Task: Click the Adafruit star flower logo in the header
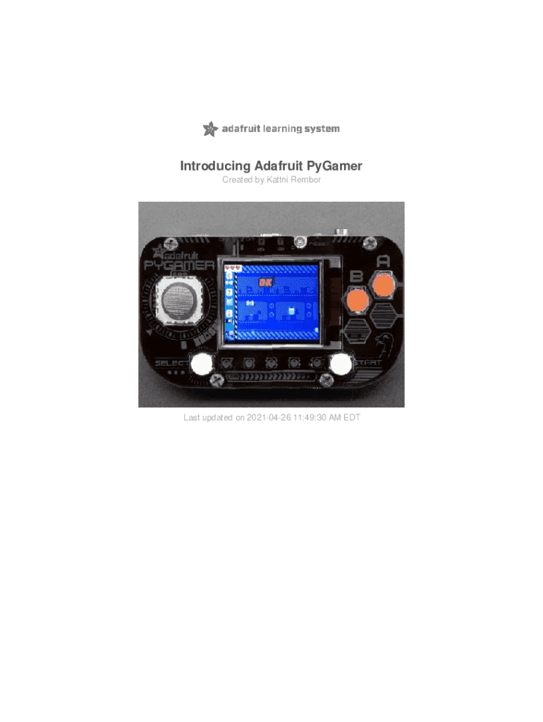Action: (x=209, y=129)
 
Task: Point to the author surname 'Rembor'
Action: (x=304, y=180)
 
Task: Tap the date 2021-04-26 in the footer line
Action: (x=267, y=418)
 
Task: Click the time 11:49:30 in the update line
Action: (x=315, y=418)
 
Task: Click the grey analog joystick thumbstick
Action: (x=180, y=302)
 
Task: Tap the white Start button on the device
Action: (x=341, y=364)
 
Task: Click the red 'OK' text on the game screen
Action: (x=266, y=283)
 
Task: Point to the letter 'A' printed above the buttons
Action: (x=383, y=261)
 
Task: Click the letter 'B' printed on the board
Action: (x=358, y=276)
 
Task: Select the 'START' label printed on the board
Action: (x=370, y=363)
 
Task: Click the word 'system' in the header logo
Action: (x=322, y=129)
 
